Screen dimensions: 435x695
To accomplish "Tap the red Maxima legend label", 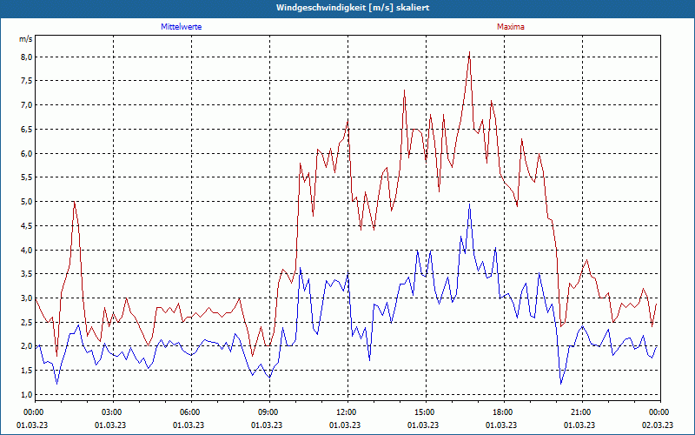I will point(510,27).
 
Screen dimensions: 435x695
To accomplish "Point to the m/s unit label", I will point(25,39).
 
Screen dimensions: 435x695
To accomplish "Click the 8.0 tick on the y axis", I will point(26,57).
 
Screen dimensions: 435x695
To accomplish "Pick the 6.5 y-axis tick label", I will point(26,130).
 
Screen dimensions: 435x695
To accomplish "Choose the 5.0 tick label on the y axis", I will point(26,202).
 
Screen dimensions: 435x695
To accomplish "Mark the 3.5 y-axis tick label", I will point(26,274).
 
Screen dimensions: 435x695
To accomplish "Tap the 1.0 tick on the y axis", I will point(26,394).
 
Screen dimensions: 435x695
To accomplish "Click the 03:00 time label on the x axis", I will point(112,412).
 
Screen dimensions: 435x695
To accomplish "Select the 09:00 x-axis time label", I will point(268,412).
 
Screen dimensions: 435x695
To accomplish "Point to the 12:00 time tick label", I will point(347,412).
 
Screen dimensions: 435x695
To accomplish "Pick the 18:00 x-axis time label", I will point(503,412).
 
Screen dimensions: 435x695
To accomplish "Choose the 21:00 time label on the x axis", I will point(581,412).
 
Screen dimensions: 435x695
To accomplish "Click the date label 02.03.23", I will point(659,425).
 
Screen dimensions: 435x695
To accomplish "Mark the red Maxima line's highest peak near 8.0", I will point(469,52).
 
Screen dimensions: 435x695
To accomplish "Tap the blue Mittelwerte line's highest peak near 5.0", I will point(469,205).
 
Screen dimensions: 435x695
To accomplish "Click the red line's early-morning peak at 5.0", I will point(75,202).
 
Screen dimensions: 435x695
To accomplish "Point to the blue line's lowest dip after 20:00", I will point(561,384).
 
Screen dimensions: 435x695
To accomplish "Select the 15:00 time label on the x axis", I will point(425,412).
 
